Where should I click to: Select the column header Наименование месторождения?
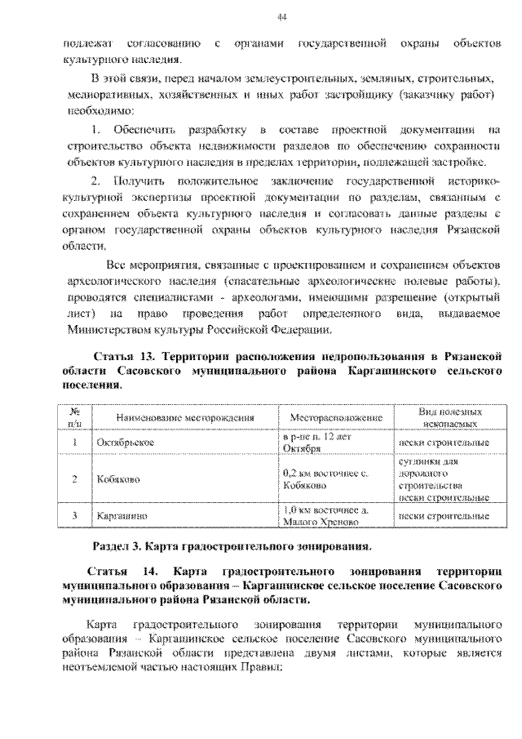pos(185,417)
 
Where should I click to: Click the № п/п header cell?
pos(74,418)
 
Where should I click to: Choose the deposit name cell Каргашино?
pos(122,516)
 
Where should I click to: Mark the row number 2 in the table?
pos(74,479)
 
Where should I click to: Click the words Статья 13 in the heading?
pos(125,358)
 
